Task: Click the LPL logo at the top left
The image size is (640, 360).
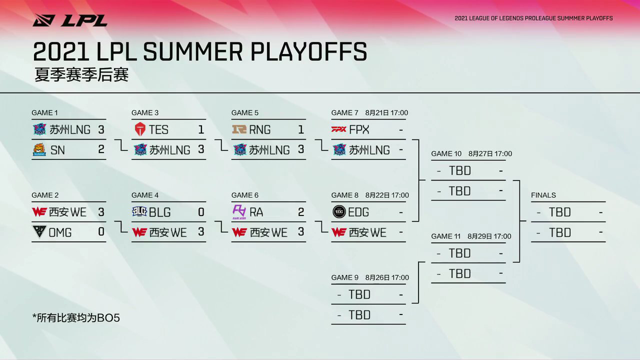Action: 70,20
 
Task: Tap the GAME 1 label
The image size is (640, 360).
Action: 44,113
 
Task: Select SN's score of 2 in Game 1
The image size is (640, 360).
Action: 101,149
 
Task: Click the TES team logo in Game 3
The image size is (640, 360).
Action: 140,129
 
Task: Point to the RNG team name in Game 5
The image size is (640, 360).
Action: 259,129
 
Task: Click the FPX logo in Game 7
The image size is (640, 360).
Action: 339,129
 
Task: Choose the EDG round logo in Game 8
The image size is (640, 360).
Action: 339,212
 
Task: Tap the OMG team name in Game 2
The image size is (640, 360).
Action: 60,232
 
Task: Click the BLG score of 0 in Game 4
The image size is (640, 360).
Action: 201,212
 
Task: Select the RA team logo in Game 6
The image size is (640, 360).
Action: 239,212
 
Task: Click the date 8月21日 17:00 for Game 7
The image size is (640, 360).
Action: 386,113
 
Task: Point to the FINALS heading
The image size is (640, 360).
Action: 543,195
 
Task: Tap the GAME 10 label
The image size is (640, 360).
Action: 446,153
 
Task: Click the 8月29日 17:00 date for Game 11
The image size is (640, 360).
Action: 489,236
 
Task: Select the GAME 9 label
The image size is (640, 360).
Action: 345,277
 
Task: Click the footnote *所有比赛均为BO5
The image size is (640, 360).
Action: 76,317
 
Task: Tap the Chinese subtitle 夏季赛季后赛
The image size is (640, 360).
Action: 81,74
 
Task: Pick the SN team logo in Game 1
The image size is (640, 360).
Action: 39,149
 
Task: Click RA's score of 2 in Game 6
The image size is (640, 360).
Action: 301,212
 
